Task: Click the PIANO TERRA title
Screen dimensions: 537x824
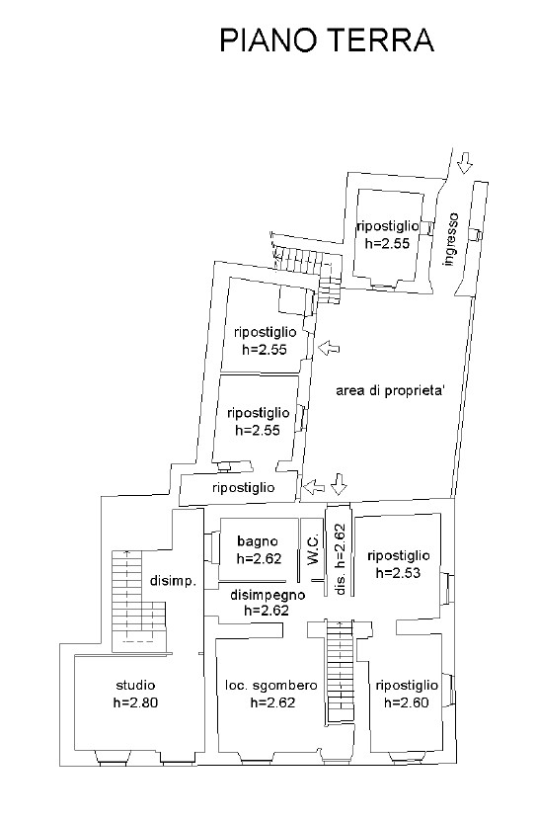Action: [x=327, y=41]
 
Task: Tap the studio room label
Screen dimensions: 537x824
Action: [x=135, y=686]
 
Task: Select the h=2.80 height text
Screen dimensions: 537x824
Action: [x=135, y=702]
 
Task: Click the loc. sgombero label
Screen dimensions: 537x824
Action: [x=271, y=686]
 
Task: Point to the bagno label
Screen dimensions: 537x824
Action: [x=258, y=541]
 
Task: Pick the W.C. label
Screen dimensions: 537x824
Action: [x=313, y=549]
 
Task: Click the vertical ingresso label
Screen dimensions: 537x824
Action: [x=450, y=239]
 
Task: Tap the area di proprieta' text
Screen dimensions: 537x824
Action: [x=391, y=391]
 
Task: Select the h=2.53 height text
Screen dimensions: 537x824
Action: [x=399, y=573]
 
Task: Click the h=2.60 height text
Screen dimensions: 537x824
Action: [x=407, y=702]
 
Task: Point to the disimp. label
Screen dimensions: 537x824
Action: [x=173, y=582]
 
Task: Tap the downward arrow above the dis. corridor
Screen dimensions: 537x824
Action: [x=340, y=484]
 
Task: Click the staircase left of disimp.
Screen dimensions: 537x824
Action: [x=138, y=601]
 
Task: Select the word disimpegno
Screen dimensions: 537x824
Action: [x=268, y=595]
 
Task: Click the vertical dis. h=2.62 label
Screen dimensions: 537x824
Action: [x=341, y=559]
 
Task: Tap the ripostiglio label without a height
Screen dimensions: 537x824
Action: [x=244, y=488]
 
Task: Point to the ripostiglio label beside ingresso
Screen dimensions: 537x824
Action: [x=388, y=226]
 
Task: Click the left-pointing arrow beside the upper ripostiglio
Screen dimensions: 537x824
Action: [x=329, y=348]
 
